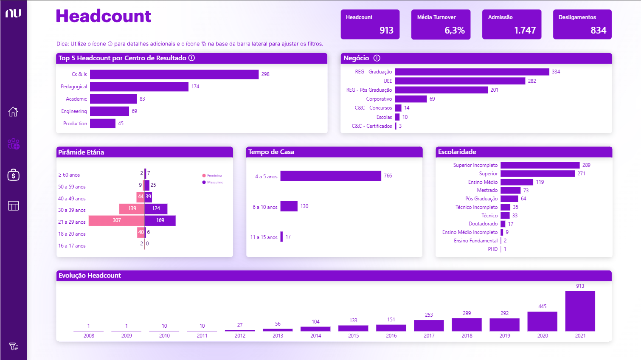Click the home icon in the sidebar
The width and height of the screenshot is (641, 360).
pyautogui.click(x=13, y=112)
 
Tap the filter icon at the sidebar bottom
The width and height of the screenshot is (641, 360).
pyautogui.click(x=13, y=346)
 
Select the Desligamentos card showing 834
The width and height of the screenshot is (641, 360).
pyautogui.click(x=582, y=24)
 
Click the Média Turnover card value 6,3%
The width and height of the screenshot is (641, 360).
pyautogui.click(x=454, y=31)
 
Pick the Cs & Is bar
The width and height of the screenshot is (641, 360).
pyautogui.click(x=174, y=74)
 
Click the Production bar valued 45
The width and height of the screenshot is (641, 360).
pyautogui.click(x=103, y=124)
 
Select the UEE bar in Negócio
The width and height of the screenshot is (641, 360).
pyautogui.click(x=460, y=81)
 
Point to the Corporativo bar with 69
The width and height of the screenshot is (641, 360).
pyautogui.click(x=410, y=99)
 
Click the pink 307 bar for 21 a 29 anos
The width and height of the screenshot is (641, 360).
pyautogui.click(x=117, y=220)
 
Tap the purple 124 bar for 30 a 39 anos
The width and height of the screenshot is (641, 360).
pyautogui.click(x=156, y=208)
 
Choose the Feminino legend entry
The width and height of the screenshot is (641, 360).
pyautogui.click(x=212, y=175)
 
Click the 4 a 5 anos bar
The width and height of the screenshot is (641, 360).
pyautogui.click(x=331, y=176)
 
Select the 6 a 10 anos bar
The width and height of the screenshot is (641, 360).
pyautogui.click(x=289, y=206)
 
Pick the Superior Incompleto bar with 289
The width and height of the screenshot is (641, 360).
pyautogui.click(x=540, y=165)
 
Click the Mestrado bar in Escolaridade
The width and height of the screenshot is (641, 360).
pyautogui.click(x=510, y=190)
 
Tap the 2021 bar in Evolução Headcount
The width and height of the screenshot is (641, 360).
pyautogui.click(x=580, y=311)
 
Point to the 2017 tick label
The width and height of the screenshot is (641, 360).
pyautogui.click(x=429, y=336)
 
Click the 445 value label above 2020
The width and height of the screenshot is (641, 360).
pyautogui.click(x=542, y=307)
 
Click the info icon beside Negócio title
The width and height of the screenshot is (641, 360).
pyautogui.click(x=377, y=58)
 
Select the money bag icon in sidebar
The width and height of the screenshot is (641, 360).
pyautogui.click(x=13, y=175)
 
